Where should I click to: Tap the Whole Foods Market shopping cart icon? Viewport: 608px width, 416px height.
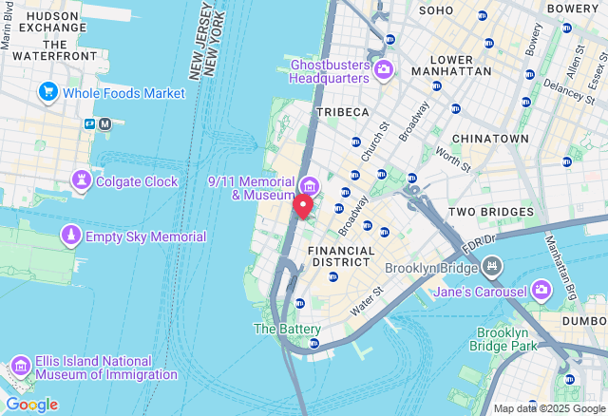(47, 92)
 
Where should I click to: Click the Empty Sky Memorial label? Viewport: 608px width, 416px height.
(145, 236)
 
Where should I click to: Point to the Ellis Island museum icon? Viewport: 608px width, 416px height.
(21, 368)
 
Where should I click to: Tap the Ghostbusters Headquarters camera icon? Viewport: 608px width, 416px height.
(384, 69)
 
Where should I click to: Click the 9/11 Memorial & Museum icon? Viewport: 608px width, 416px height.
(309, 183)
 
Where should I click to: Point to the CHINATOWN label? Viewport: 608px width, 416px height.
(490, 139)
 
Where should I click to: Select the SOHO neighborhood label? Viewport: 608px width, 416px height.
(436, 10)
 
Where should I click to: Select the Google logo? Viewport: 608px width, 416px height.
(31, 405)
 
